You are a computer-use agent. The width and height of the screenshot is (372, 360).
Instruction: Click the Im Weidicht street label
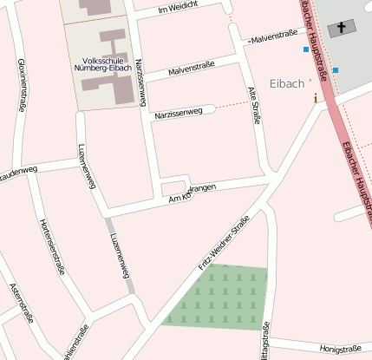(x=179, y=10)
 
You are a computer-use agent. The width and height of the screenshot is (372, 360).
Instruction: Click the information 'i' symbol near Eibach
(x=316, y=98)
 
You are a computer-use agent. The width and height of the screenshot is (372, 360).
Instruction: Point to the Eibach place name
(x=287, y=84)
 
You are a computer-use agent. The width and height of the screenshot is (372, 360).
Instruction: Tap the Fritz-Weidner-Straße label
(x=224, y=244)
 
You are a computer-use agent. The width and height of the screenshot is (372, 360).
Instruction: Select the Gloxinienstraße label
(x=20, y=87)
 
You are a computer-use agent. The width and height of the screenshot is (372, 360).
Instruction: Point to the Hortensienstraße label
(x=52, y=246)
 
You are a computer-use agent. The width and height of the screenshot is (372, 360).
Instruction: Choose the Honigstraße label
(x=340, y=349)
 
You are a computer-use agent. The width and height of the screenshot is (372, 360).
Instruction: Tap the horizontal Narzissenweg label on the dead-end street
(x=177, y=113)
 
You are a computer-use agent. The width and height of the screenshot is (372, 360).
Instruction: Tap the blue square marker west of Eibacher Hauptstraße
(x=306, y=49)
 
